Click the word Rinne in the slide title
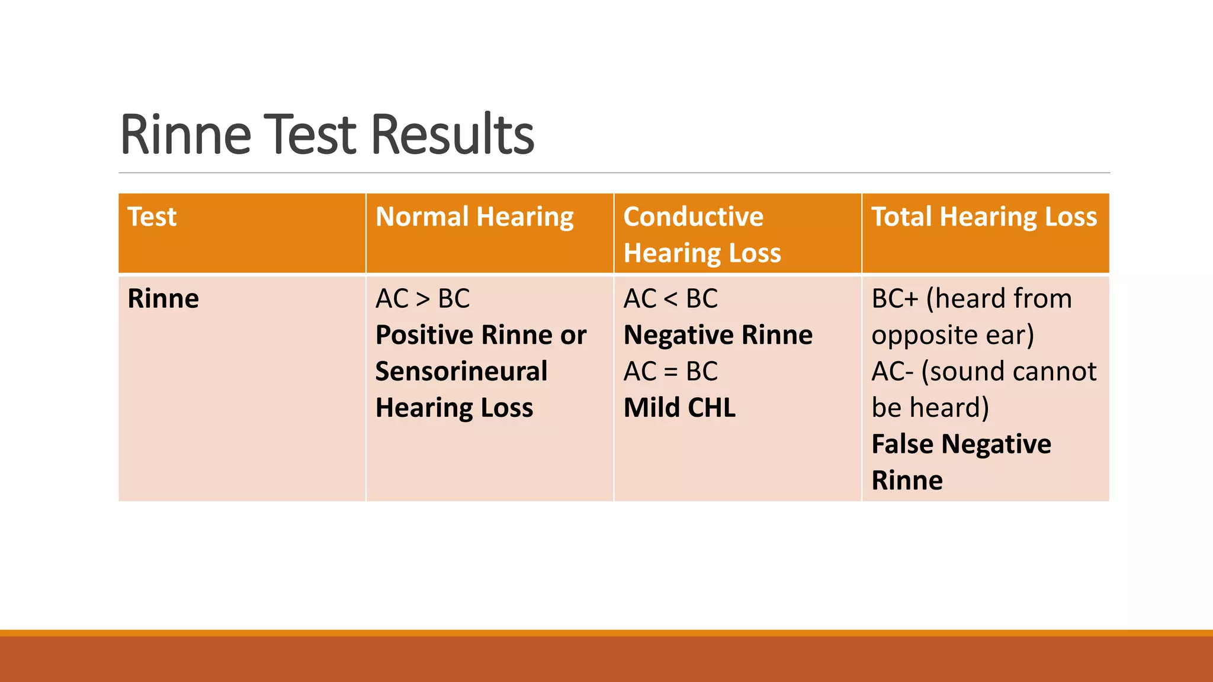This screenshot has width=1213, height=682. coord(185,135)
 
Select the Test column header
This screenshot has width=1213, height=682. coord(152,217)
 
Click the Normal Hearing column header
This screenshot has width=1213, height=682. coord(474,217)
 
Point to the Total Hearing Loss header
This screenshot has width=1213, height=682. coord(984,217)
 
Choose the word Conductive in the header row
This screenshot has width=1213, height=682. coord(693,217)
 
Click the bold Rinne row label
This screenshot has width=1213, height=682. coord(163,298)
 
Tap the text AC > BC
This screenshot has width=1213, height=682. coord(422,298)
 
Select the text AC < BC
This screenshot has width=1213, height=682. coord(670,298)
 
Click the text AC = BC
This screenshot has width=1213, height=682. coord(670,372)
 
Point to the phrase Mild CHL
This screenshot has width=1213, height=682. coord(679,408)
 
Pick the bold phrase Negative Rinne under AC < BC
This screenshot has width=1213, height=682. coord(718,335)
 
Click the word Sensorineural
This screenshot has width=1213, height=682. coord(461,372)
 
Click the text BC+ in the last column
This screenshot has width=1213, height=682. coord(894,298)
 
